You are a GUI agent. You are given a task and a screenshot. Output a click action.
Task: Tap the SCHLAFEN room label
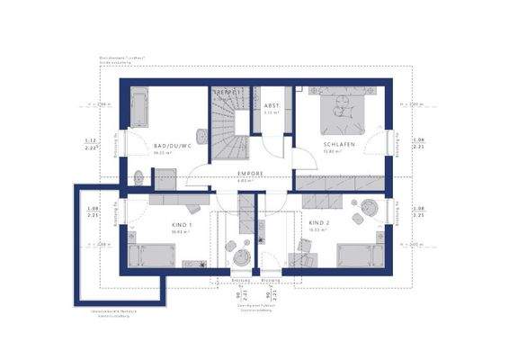pyautogui.click(x=339, y=144)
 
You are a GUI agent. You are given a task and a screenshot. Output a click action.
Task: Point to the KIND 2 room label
pyautogui.click(x=320, y=222)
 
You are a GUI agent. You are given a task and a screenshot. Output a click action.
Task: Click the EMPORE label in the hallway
pyautogui.click(x=249, y=174)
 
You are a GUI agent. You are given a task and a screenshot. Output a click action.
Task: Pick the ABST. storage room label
pyautogui.click(x=272, y=106)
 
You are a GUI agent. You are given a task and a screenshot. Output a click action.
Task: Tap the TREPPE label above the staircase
pyautogui.click(x=225, y=93)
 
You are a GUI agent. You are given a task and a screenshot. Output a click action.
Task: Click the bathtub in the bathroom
pyautogui.click(x=142, y=110)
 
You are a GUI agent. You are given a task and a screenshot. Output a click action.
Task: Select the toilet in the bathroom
pyautogui.click(x=138, y=175)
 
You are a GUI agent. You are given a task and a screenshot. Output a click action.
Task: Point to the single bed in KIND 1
pyautogui.click(x=147, y=254)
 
